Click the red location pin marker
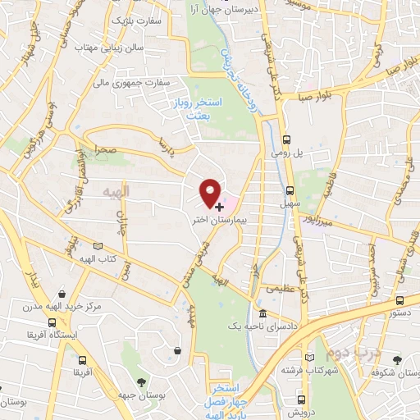coord(211,192)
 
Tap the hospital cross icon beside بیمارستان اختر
coord(219,207)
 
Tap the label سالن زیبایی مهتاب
coord(116,47)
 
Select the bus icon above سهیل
coord(288,185)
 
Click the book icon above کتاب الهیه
coord(99,245)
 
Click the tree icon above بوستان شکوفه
coord(398,360)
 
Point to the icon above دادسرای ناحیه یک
coord(262,314)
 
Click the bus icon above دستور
coord(399,301)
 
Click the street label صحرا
coord(104,152)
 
